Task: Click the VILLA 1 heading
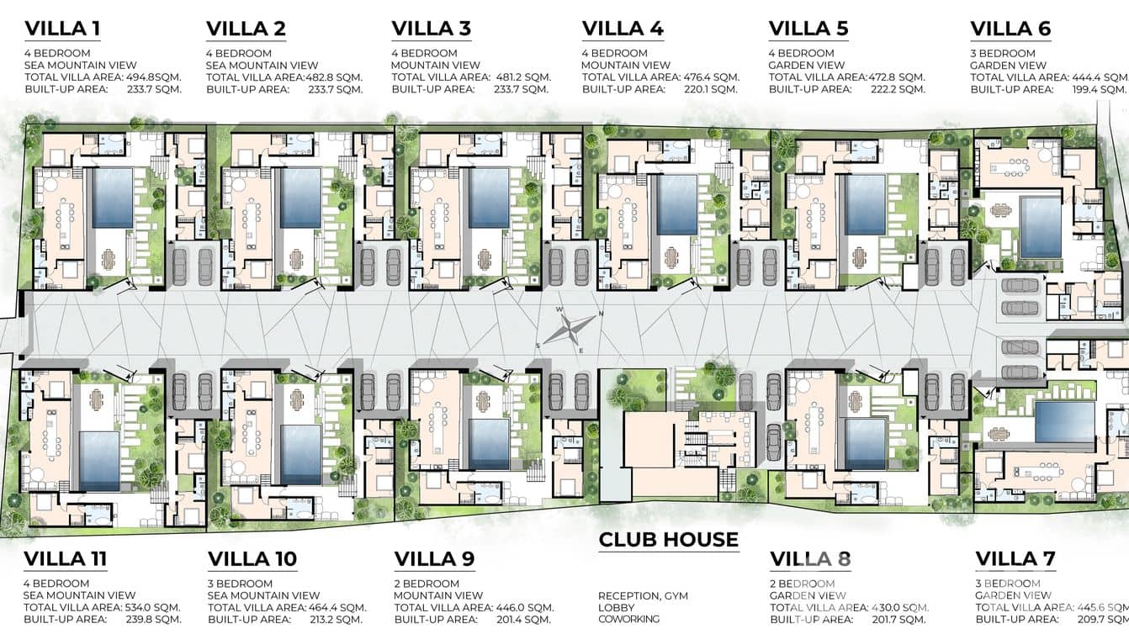[62, 29]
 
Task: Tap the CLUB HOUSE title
[668, 539]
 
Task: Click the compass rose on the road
[567, 329]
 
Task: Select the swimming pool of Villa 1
[112, 198]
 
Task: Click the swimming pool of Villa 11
[100, 461]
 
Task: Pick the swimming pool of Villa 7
[1064, 420]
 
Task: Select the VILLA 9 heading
[434, 558]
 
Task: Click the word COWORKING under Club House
[628, 619]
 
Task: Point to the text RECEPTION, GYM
[643, 596]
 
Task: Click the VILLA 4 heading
[623, 29]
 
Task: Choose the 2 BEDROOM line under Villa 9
[427, 584]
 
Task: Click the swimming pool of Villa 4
[677, 204]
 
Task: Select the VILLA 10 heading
[252, 558]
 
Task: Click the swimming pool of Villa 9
[489, 444]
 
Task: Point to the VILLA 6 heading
[1010, 29]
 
